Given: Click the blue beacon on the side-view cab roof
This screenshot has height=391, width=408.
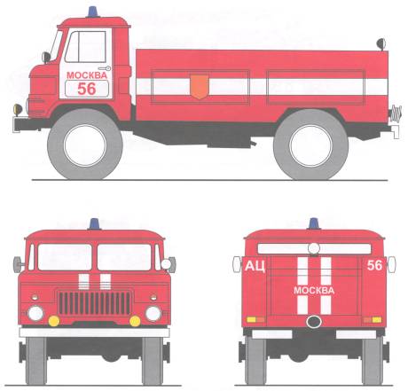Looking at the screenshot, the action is tap(93, 12).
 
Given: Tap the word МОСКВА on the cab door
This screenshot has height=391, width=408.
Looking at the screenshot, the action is tap(87, 75).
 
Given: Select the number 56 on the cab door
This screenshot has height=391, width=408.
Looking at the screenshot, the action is tap(87, 89).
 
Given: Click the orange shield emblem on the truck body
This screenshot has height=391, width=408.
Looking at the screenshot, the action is tap(200, 87).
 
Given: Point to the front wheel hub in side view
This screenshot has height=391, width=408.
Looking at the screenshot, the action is tap(85, 145).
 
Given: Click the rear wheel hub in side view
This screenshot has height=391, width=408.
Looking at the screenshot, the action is tap(310, 145).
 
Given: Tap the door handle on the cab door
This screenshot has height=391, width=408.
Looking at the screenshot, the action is tap(106, 68).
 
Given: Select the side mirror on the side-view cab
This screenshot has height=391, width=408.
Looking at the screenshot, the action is tap(46, 58).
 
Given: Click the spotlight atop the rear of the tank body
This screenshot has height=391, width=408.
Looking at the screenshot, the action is tap(381, 44).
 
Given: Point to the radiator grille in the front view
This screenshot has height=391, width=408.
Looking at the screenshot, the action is tap(94, 303).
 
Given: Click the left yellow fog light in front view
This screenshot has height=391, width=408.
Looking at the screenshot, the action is tap(54, 321).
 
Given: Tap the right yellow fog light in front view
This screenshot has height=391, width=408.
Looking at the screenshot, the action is tap(135, 321).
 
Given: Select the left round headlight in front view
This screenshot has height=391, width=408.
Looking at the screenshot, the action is tap(35, 313).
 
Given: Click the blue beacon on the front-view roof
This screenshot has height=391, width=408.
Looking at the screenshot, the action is tap(94, 224).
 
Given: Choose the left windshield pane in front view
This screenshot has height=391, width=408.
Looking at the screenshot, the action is tap(65, 257).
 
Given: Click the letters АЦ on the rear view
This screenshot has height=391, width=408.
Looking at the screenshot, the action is tap(255, 266).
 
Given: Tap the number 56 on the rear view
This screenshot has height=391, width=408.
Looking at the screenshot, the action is tap(374, 265).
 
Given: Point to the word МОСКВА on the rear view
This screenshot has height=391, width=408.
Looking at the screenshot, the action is tap(314, 291).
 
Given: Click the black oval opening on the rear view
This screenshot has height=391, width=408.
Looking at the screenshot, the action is tap(314, 322).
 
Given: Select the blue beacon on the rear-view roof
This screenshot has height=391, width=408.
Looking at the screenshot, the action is tap(314, 223).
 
